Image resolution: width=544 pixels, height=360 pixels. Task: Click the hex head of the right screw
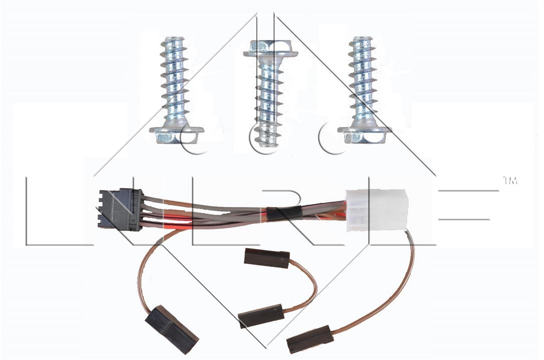364,134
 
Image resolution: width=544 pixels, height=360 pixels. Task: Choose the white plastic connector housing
376,210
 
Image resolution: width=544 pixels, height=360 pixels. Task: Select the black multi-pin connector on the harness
121,210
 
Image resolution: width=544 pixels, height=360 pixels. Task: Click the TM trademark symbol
509,181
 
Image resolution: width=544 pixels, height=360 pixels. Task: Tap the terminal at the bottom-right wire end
310,339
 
